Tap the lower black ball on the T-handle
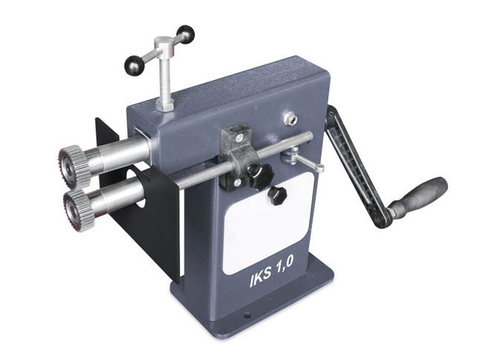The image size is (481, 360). click(x=133, y=65)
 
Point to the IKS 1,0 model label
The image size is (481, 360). click(x=272, y=272)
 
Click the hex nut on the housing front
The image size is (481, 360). click(x=291, y=119)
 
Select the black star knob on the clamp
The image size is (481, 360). click(x=259, y=176)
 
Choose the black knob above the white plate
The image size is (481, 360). click(x=276, y=196)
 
